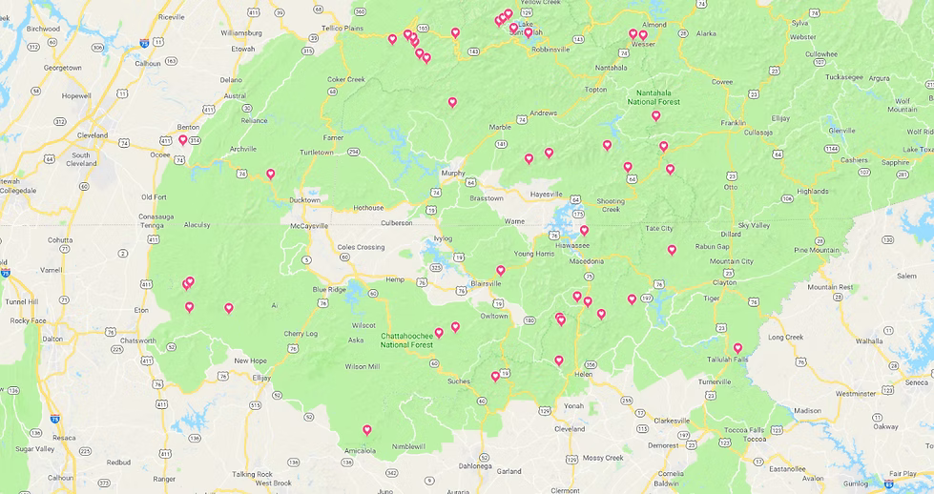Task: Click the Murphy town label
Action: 452,173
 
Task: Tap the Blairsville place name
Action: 486,283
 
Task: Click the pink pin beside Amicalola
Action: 366,430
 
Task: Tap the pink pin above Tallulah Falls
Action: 737,348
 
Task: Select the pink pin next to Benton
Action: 183,139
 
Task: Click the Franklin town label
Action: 733,123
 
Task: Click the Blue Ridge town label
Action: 329,289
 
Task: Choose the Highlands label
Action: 813,191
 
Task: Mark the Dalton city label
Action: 52,339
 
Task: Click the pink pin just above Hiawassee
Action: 584,230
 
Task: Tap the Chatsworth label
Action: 138,340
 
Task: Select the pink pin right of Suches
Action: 495,376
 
